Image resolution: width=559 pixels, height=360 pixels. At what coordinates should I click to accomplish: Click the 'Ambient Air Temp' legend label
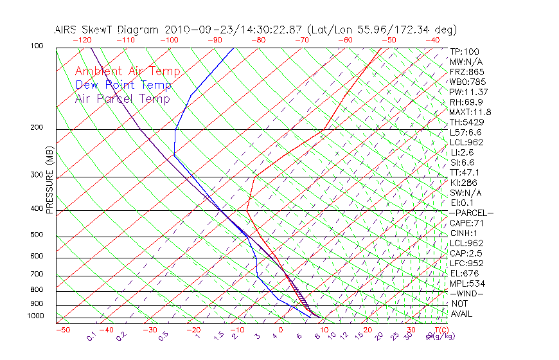point(127,71)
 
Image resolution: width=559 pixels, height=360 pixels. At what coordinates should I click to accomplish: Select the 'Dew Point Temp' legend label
point(123,85)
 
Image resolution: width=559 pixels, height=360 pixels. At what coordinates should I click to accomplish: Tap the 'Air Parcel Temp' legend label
point(123,98)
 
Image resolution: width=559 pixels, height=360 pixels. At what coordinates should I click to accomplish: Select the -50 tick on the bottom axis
point(62,329)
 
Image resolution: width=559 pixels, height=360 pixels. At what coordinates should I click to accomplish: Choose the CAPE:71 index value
point(466,223)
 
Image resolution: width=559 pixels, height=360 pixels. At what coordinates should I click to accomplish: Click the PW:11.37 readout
point(468,92)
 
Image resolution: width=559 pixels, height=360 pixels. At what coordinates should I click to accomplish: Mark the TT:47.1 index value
point(465,172)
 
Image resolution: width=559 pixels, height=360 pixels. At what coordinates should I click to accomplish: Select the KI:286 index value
point(463,183)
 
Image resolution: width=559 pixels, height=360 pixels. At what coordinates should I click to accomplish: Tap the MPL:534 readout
point(466,283)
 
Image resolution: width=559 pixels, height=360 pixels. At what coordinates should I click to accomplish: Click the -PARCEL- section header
point(471,213)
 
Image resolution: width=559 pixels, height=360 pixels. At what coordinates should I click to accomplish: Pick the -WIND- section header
point(467,293)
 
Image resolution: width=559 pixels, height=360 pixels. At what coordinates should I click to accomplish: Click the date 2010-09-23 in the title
point(192,30)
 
